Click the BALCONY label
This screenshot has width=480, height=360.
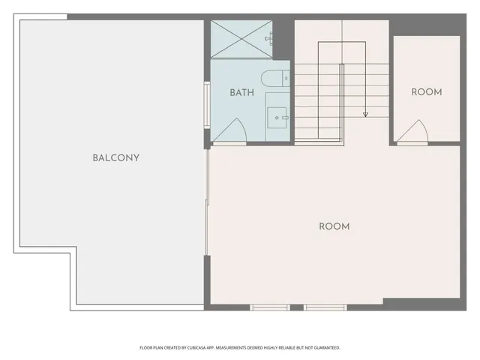116,158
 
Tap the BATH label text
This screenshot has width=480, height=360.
241,93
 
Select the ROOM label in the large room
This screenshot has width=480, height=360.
334,226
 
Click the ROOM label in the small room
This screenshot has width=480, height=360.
427,92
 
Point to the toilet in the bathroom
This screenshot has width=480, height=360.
271,78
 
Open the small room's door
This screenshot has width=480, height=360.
413,133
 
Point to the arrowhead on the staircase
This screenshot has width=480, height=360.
365,115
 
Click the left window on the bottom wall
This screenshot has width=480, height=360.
270,307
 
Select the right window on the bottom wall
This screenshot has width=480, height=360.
325,307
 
